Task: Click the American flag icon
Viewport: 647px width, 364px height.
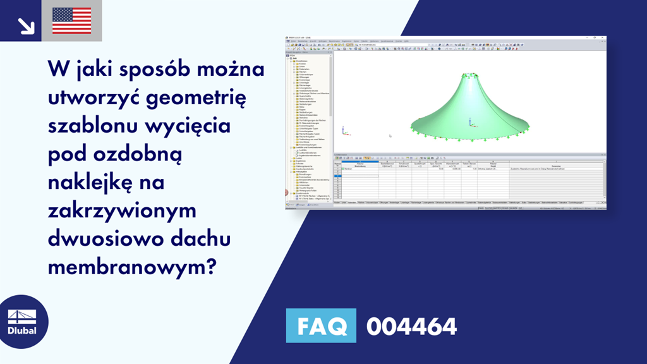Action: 71,20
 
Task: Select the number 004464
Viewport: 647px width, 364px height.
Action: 411,327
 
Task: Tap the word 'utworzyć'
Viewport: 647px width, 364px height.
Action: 93,98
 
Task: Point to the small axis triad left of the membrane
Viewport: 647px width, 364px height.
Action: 344,130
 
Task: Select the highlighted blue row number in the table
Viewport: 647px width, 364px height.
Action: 337,173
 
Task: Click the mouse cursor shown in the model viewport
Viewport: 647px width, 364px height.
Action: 390,135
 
